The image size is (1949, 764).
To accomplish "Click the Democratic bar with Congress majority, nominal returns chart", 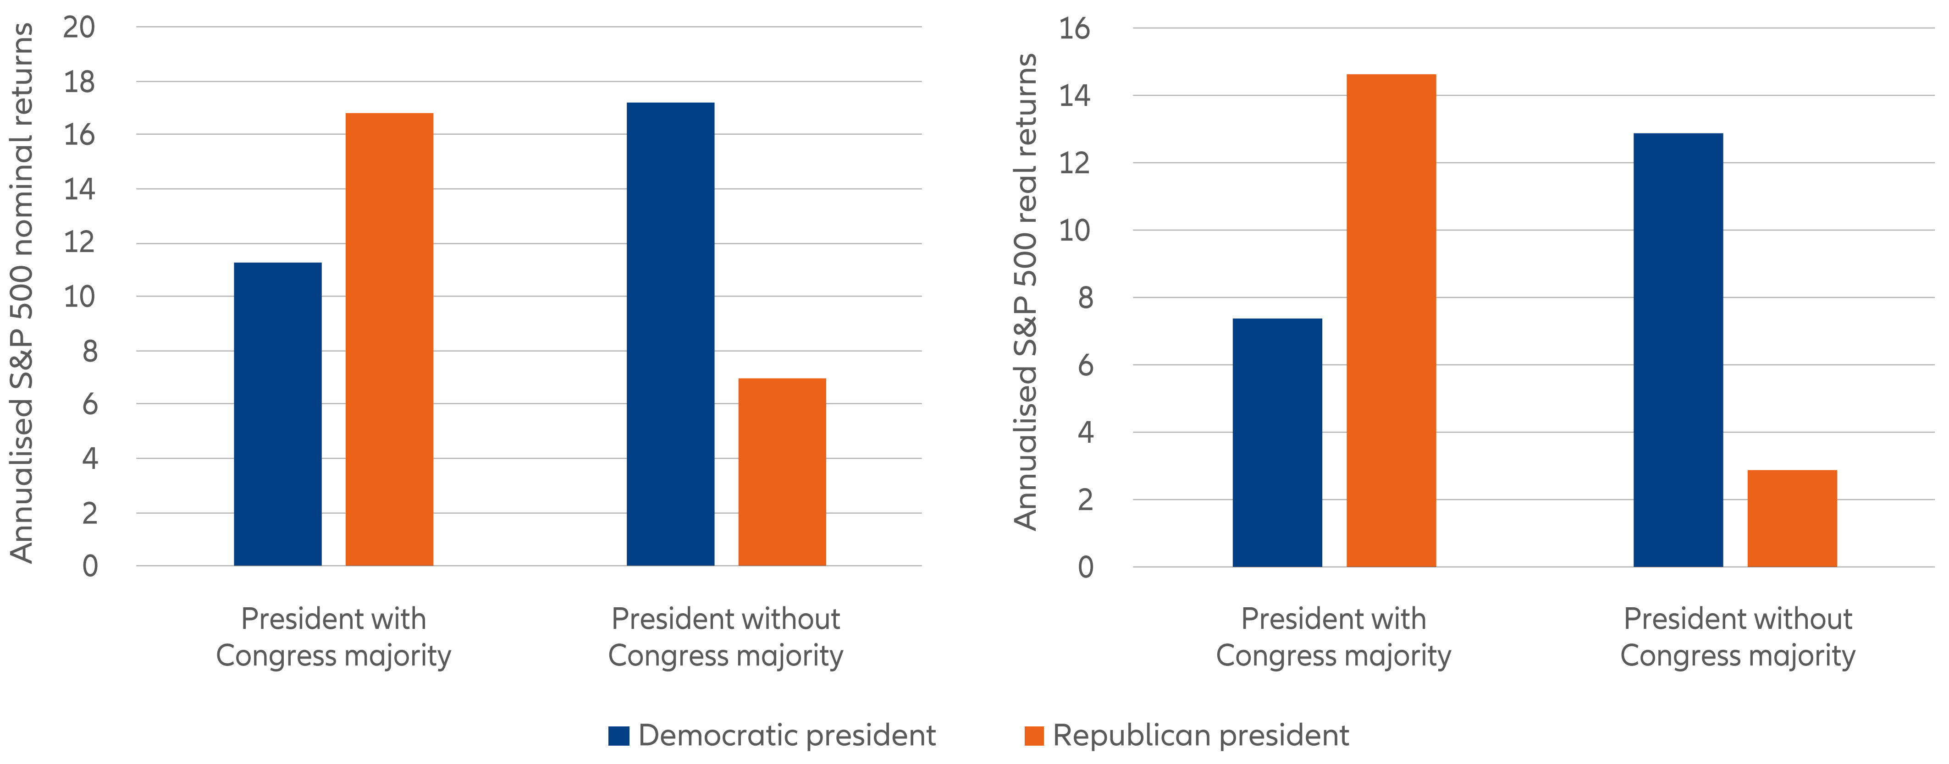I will [x=278, y=414].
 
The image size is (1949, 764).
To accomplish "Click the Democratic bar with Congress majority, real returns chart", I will [x=1277, y=443].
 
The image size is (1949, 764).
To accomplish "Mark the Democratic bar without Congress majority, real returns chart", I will [x=1678, y=350].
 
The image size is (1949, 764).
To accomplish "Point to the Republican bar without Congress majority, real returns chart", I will [x=1792, y=518].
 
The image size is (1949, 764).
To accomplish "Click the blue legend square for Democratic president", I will [x=618, y=735].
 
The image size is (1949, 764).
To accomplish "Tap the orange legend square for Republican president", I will [x=1033, y=735].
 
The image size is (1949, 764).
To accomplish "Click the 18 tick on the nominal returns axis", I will [x=79, y=82].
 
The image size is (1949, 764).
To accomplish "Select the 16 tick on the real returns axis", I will [x=1074, y=29].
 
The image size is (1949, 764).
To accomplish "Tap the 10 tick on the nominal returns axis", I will [x=79, y=297].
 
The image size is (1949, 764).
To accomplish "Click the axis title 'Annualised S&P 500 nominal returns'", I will [x=21, y=293].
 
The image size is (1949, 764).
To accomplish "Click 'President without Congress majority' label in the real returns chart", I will [x=1737, y=637].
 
